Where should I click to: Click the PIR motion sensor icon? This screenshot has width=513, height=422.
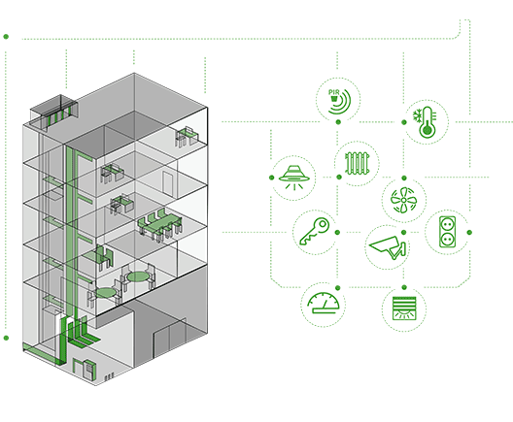(339, 101)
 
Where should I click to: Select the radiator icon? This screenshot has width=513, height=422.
(358, 163)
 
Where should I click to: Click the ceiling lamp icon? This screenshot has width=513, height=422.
(293, 178)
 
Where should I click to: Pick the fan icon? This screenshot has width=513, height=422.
(404, 200)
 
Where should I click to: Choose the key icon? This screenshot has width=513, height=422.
(315, 232)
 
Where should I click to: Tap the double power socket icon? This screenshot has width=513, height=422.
(447, 232)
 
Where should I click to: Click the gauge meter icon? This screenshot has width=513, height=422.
(324, 303)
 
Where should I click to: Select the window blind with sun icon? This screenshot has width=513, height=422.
(404, 308)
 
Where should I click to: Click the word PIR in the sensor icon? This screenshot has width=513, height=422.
(333, 92)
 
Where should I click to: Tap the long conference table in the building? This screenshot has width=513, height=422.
(160, 224)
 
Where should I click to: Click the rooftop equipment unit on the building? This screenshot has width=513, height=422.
(54, 112)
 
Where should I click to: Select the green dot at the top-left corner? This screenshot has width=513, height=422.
(6, 37)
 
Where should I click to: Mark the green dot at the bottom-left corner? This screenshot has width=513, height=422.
(6, 338)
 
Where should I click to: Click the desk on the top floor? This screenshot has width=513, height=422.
(187, 136)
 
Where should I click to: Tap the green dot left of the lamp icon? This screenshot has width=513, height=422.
(271, 178)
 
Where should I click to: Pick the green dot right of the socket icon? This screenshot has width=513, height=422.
(470, 232)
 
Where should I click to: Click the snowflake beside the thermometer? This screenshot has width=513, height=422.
(417, 115)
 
